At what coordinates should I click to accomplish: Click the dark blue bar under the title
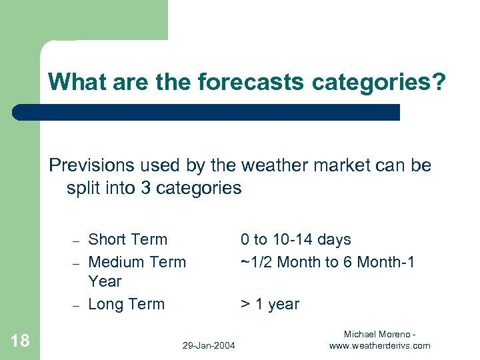(x=207, y=112)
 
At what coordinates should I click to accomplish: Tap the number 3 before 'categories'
(x=145, y=188)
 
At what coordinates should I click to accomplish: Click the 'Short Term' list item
(x=127, y=239)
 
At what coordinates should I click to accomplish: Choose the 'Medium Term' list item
(x=137, y=262)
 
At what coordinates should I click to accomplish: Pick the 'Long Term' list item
(x=126, y=304)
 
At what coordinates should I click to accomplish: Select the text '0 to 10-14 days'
(x=295, y=239)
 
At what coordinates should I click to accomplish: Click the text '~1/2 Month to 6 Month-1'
(x=327, y=262)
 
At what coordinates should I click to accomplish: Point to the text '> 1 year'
(x=269, y=305)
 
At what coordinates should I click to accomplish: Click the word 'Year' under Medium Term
(x=105, y=281)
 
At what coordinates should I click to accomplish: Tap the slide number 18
(x=21, y=341)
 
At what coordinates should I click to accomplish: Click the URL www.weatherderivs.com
(x=379, y=345)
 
